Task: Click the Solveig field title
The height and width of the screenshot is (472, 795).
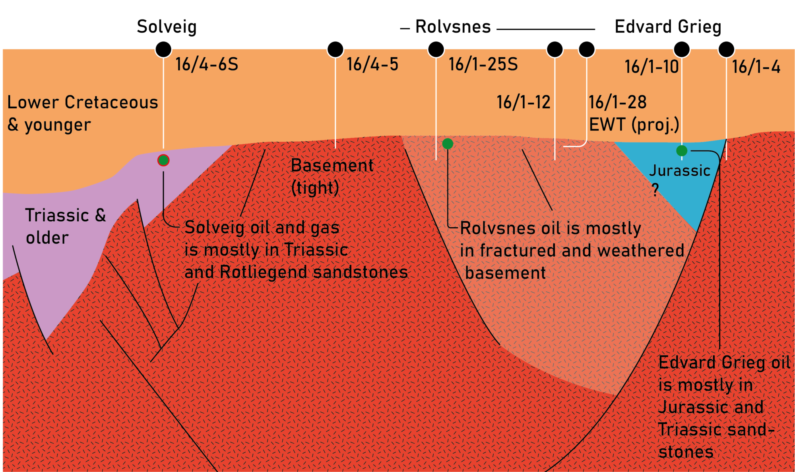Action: click(x=167, y=27)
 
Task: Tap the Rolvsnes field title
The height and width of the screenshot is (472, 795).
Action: click(x=453, y=27)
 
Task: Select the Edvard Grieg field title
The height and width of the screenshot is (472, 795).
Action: click(x=668, y=27)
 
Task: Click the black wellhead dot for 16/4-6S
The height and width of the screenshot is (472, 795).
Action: click(x=163, y=49)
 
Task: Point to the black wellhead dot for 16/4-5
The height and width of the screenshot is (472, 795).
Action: click(x=335, y=49)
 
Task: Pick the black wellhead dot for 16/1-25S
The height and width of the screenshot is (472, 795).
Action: click(x=436, y=49)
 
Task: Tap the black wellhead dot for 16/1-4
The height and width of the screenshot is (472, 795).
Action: click(x=726, y=49)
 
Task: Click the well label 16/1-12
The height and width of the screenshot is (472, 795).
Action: click(x=523, y=103)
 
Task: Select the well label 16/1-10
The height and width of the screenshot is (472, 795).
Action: click(x=651, y=67)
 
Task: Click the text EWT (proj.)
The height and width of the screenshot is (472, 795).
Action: click(x=634, y=125)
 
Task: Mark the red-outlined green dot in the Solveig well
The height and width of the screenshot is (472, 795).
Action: click(x=163, y=160)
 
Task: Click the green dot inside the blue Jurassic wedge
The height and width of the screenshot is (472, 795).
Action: click(x=682, y=150)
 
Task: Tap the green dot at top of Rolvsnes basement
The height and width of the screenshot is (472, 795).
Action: click(x=448, y=144)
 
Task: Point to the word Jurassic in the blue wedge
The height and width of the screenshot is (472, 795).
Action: click(x=679, y=171)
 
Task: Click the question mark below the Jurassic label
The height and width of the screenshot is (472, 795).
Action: click(x=655, y=189)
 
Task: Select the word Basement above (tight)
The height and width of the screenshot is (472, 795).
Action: click(x=332, y=166)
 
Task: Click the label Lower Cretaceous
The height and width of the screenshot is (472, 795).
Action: click(x=82, y=103)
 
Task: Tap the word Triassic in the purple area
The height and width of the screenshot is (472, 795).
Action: click(x=57, y=215)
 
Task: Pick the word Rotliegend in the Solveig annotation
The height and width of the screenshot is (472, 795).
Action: click(x=263, y=272)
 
